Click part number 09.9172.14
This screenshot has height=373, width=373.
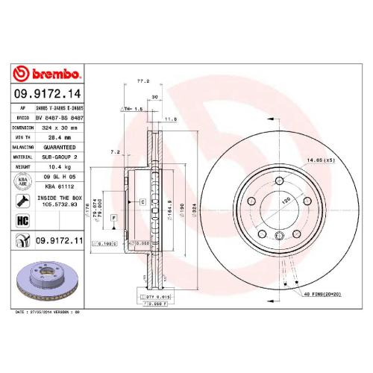(46, 95)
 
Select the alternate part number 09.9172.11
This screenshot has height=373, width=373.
(57, 241)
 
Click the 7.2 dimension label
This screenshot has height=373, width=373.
(114, 151)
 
